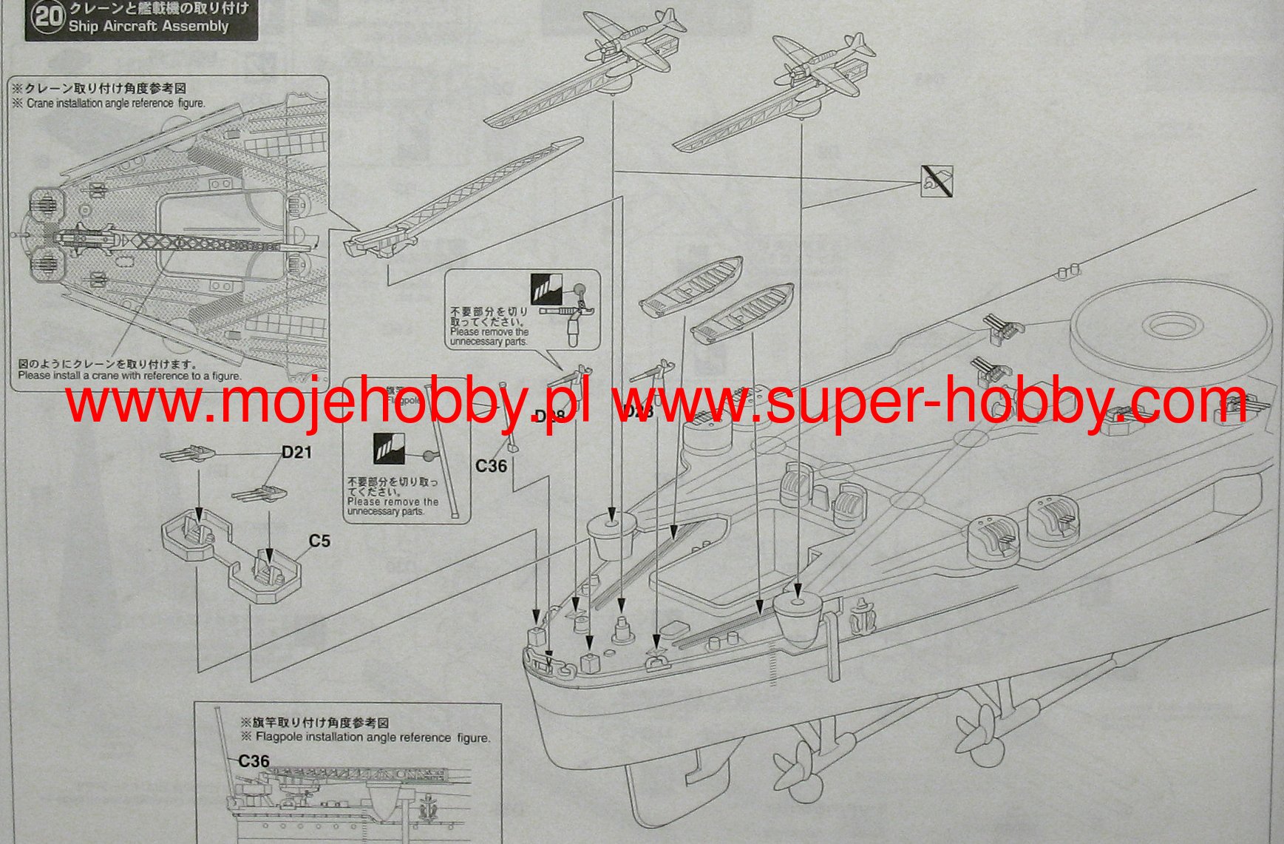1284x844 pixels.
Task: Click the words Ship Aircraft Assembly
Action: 149,27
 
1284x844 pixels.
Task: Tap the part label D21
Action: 296,452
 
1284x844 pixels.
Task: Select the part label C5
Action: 319,541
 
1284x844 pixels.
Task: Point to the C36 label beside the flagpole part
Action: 491,466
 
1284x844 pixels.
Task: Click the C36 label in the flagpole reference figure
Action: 254,761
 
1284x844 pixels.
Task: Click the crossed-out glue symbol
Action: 937,181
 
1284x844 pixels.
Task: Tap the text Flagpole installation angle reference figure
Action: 373,737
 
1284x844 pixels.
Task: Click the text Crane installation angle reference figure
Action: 115,104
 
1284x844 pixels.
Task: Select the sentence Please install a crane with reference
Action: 129,376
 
